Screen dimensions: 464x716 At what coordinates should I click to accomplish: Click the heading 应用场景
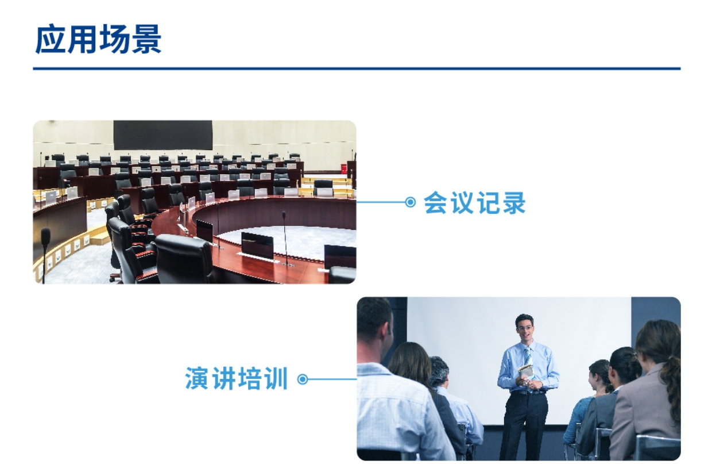pos(98,39)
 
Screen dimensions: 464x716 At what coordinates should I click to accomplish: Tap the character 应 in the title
pos(50,39)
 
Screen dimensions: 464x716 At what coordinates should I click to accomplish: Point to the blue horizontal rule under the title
pos(356,68)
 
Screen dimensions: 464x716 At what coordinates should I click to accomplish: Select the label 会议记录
pos(474,202)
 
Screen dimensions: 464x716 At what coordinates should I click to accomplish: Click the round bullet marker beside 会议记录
pos(410,202)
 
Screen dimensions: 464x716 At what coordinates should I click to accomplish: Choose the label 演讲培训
pos(236,379)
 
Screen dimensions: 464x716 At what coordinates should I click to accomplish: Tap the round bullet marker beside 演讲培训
pos(303,379)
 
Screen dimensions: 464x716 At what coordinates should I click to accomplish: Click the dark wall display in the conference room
pos(162,135)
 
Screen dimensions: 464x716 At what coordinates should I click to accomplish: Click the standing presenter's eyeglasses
pos(524,327)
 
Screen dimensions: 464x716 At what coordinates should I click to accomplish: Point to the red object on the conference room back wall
pos(343,168)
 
